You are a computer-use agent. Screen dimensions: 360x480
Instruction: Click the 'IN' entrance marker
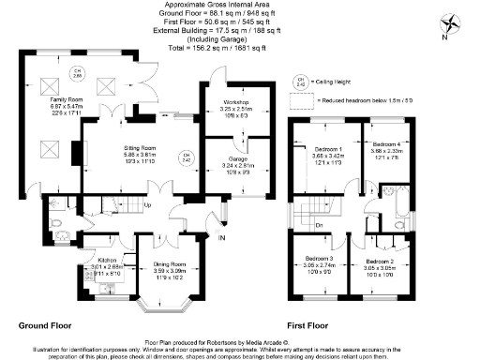[x=221, y=240]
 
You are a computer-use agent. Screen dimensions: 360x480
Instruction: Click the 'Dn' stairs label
[x=321, y=225]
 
